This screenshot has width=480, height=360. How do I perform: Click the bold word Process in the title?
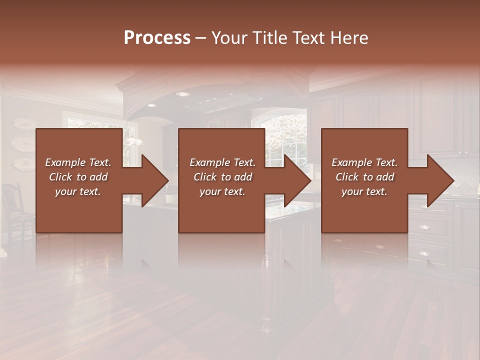tap(157, 38)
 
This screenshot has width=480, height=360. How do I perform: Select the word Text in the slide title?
tap(308, 38)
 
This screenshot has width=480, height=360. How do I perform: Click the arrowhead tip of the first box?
tap(167, 180)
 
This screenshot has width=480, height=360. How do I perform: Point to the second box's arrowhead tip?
tap(310, 180)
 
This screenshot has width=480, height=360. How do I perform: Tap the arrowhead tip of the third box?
tap(452, 180)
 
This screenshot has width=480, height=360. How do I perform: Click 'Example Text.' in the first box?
tap(78, 162)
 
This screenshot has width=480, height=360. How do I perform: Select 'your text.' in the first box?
tap(78, 191)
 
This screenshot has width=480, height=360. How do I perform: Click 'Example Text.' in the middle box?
tap(222, 162)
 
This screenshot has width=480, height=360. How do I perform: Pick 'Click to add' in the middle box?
tap(222, 177)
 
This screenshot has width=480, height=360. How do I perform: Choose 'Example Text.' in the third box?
tap(364, 162)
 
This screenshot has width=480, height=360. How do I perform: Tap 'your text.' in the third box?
tap(364, 191)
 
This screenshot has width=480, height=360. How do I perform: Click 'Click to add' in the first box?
tap(78, 177)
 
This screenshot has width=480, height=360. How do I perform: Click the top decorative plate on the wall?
tap(23, 123)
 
